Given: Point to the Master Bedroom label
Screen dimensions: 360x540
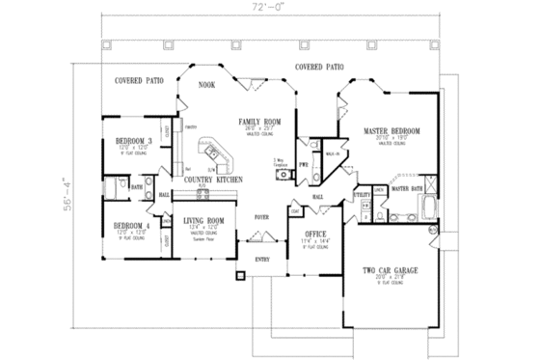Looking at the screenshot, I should coord(390,130).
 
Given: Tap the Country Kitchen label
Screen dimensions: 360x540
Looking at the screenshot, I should coord(206,180).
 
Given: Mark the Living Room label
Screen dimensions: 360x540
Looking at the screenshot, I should coord(203,221).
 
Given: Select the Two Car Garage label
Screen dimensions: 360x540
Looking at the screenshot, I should coord(391,271).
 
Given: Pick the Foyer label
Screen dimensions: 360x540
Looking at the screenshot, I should coord(261,218).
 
